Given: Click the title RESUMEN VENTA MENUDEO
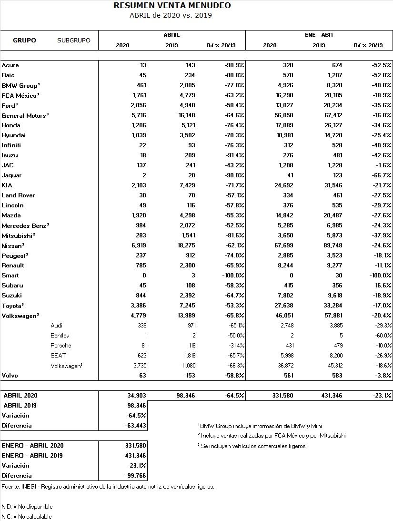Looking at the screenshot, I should tap(172, 6).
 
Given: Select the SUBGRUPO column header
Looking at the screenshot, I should tap(73, 41).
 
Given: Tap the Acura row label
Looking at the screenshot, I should tap(10, 65).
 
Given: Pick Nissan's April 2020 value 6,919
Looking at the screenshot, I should tap(137, 245).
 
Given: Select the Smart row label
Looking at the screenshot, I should tap(10, 276).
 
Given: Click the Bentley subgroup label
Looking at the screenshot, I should tap(60, 336).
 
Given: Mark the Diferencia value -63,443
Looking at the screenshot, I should tap(134, 426).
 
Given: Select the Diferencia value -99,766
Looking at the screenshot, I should tap(134, 476).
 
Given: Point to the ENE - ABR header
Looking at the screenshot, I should tap(318, 35).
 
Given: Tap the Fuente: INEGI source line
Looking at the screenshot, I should tap(108, 487).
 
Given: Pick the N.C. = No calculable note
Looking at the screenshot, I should tap(27, 517).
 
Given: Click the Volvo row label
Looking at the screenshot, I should tap(10, 376).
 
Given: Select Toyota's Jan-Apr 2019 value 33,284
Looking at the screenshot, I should tap(328, 306).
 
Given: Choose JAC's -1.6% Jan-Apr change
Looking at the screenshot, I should tap(383, 165).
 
